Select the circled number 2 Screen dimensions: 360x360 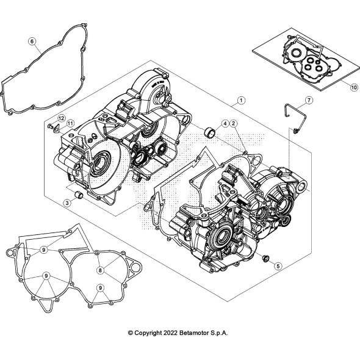(x=234, y=124)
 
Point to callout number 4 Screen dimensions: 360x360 (x=225, y=124)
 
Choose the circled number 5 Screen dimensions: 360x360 (x=278, y=265)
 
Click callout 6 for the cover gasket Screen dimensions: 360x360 (x=32, y=41)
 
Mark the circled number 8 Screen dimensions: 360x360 (x=100, y=268)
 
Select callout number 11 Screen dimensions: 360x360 (x=70, y=124)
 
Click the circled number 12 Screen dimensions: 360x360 (x=62, y=117)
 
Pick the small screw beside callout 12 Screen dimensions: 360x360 (x=50, y=126)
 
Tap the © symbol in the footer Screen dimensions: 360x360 (x=130, y=333)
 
